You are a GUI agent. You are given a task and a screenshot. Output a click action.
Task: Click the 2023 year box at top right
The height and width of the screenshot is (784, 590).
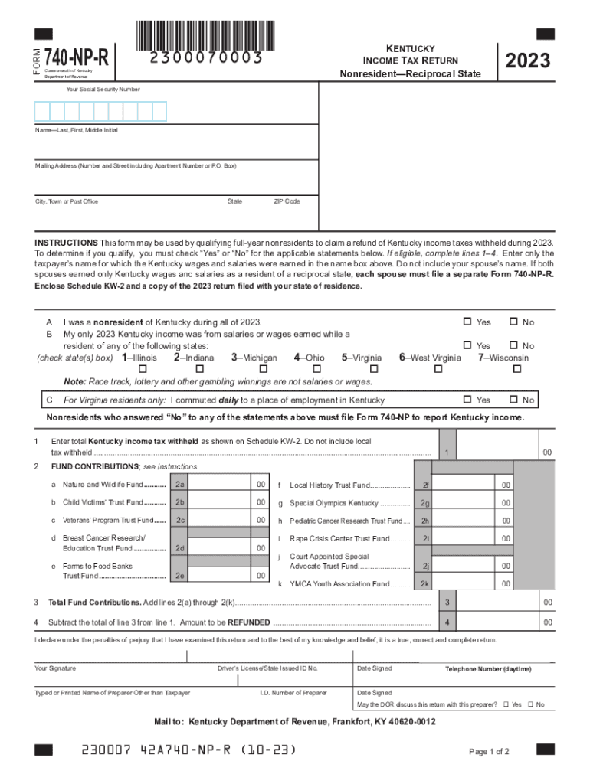[x=528, y=60]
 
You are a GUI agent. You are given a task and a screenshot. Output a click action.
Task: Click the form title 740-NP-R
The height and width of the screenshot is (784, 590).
[x=77, y=57]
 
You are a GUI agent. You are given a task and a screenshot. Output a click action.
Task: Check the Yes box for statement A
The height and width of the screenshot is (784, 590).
[x=467, y=322]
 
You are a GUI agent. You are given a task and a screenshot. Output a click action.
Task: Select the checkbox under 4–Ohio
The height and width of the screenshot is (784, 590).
[x=309, y=369]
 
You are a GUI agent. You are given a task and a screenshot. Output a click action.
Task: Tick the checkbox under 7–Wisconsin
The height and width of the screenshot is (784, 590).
[x=516, y=369]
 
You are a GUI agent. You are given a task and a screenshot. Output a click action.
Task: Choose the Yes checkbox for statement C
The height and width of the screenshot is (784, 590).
[x=467, y=400]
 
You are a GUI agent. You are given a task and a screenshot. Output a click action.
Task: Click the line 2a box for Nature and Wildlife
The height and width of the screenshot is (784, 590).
[x=179, y=485]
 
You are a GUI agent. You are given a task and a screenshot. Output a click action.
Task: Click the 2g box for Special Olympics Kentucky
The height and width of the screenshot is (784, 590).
[x=425, y=503]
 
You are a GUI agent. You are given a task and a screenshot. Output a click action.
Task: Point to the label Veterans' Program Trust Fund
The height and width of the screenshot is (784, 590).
[x=108, y=521]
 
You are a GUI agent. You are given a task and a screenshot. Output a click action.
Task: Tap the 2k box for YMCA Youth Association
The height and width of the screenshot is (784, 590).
[x=425, y=583]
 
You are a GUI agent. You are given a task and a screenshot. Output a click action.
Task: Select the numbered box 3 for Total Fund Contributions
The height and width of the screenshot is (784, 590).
[x=447, y=603]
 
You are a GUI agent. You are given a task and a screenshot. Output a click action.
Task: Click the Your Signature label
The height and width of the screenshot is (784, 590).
[x=56, y=668]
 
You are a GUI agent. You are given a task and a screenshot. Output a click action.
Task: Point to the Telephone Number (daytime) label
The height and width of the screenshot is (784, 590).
[x=488, y=669]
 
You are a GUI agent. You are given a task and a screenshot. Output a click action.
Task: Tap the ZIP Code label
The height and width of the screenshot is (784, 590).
[x=287, y=201]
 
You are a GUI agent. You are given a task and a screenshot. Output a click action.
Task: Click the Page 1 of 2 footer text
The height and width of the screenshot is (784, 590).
[x=489, y=751]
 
